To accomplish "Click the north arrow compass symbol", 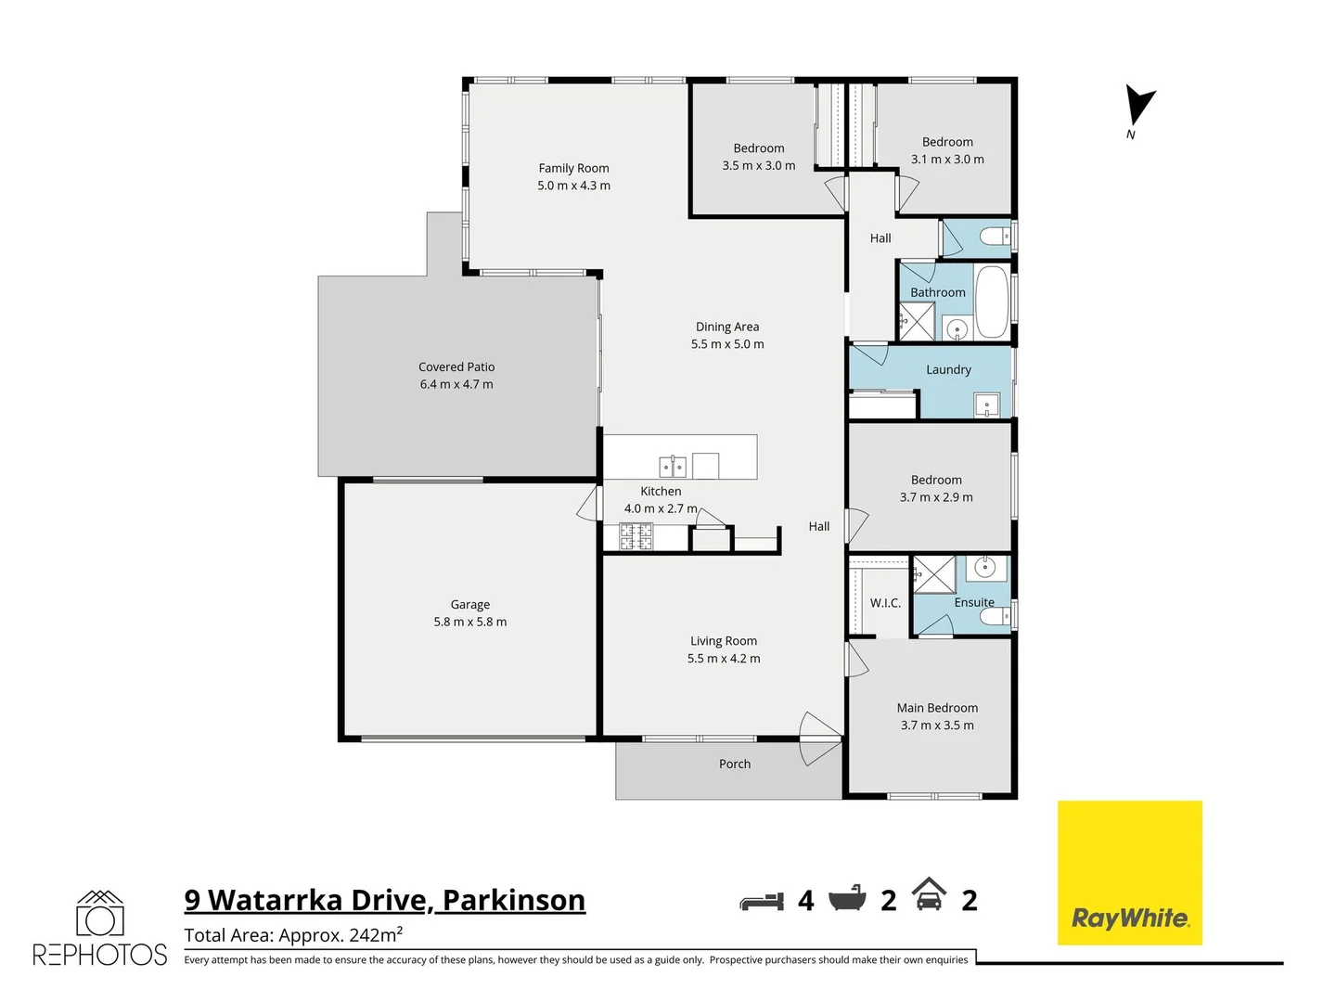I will click(1138, 106).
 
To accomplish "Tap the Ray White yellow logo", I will click(1129, 872).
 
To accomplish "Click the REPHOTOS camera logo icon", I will click(100, 915).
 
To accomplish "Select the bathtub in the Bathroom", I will click(992, 302).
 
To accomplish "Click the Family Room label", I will click(573, 168).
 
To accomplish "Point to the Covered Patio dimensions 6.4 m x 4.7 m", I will click(456, 384).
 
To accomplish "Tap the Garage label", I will click(470, 604).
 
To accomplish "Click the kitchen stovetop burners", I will click(636, 536).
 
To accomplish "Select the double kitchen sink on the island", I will click(673, 466).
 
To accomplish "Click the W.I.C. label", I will click(885, 603).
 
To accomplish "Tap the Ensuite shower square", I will click(933, 573).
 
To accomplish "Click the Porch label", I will click(735, 764).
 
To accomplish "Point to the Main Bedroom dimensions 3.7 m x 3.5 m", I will click(937, 726).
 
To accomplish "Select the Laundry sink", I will click(986, 405).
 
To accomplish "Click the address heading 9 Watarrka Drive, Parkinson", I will click(384, 900).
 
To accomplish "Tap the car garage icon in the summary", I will click(929, 894).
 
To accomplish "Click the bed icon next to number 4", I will click(762, 901).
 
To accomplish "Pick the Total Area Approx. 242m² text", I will click(293, 935).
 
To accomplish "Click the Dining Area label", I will click(727, 327).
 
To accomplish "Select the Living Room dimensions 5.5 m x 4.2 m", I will click(724, 659).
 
